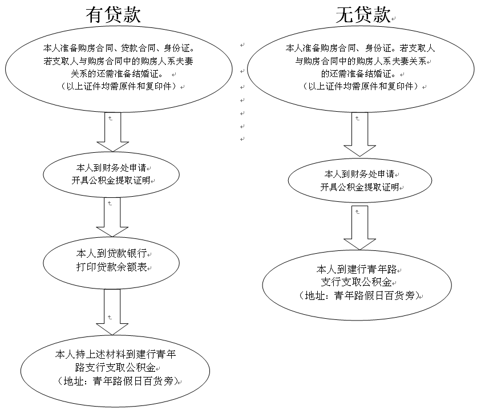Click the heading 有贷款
coord(112,15)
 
